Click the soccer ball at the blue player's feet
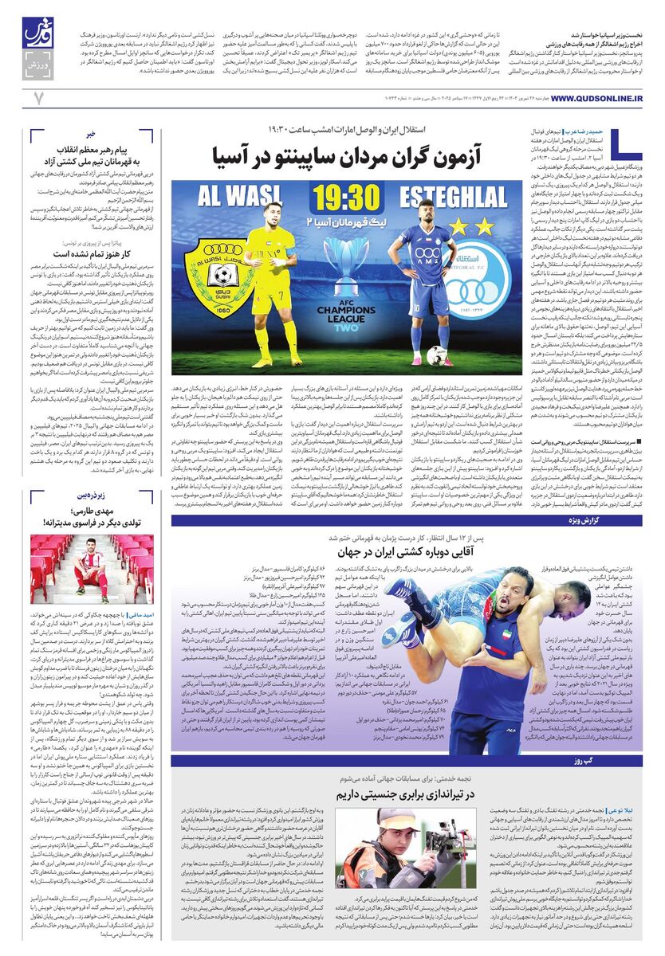point(435,355)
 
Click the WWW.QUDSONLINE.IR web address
point(596,98)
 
